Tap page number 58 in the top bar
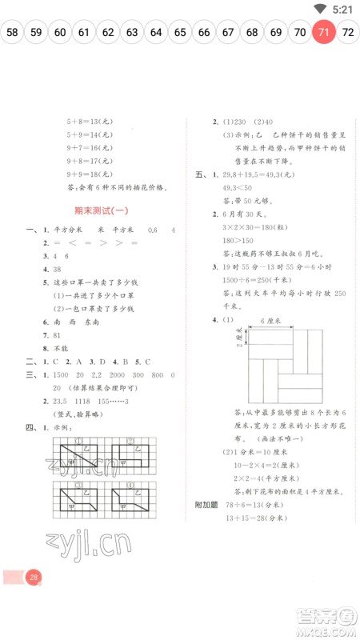(13, 33)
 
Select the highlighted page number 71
(323, 33)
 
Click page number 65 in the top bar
(180, 33)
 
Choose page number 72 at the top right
(348, 33)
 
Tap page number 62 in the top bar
(108, 33)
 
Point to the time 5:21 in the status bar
(342, 10)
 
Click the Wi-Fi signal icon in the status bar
(320, 10)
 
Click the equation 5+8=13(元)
(88, 122)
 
